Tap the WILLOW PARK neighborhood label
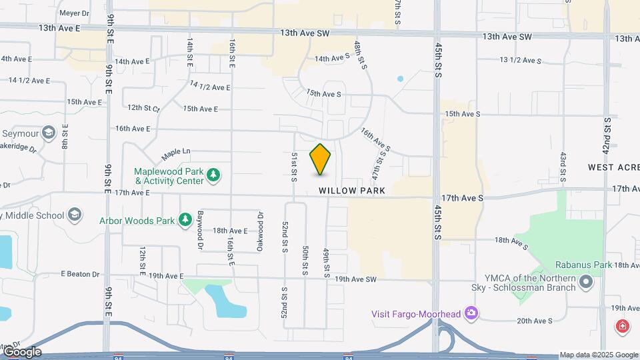[352, 191]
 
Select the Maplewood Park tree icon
[213, 175]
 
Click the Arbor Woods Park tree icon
[185, 220]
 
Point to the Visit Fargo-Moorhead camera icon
[471, 313]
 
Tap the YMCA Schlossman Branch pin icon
[586, 283]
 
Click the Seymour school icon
[47, 133]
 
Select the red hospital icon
[621, 326]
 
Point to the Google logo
[21, 352]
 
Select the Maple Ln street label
[176, 154]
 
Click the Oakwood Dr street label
[260, 231]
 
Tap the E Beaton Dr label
[80, 274]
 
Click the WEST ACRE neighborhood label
[613, 167]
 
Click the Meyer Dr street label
[74, 13]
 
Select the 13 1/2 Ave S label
[520, 61]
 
